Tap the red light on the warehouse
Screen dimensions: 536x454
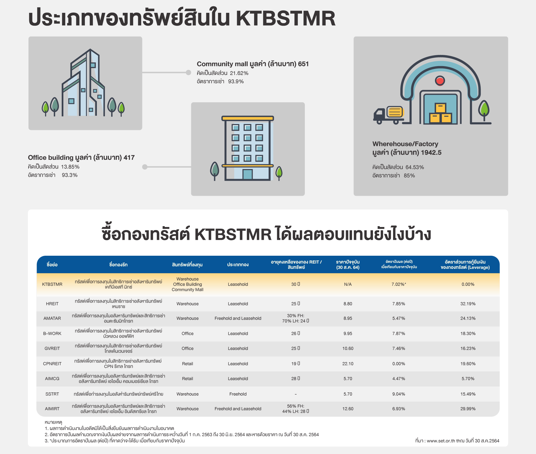point(440,81)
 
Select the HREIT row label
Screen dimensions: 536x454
point(52,304)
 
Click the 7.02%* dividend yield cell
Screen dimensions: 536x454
point(399,284)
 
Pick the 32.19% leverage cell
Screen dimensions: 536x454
point(468,304)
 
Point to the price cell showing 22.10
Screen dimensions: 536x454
point(348,364)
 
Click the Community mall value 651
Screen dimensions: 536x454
point(303,64)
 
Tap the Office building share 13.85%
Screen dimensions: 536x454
point(70,167)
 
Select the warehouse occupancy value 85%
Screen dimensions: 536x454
point(409,175)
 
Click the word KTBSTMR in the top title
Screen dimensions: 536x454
point(286,18)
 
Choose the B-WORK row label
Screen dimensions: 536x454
point(52,334)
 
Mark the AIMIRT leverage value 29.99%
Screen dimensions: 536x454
point(468,409)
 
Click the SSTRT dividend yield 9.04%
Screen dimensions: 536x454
point(399,394)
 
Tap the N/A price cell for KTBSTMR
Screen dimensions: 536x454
point(348,284)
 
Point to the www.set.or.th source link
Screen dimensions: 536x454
point(441,441)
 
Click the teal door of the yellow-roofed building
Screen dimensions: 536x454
point(248,174)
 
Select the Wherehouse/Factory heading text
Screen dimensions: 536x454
point(405,144)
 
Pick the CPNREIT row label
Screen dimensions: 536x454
point(52,364)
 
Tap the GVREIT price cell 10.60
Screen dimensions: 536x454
point(348,348)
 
